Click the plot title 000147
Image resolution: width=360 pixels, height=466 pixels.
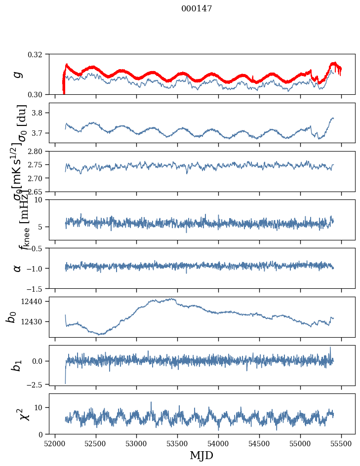pyautogui.click(x=197, y=9)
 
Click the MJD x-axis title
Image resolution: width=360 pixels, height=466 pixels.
pyautogui.click(x=201, y=456)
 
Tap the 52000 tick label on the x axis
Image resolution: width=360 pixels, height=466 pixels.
pyautogui.click(x=55, y=443)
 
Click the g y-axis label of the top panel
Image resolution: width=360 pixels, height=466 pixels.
pyautogui.click(x=18, y=74)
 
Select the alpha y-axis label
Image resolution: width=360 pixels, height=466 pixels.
pyautogui.click(x=18, y=268)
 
